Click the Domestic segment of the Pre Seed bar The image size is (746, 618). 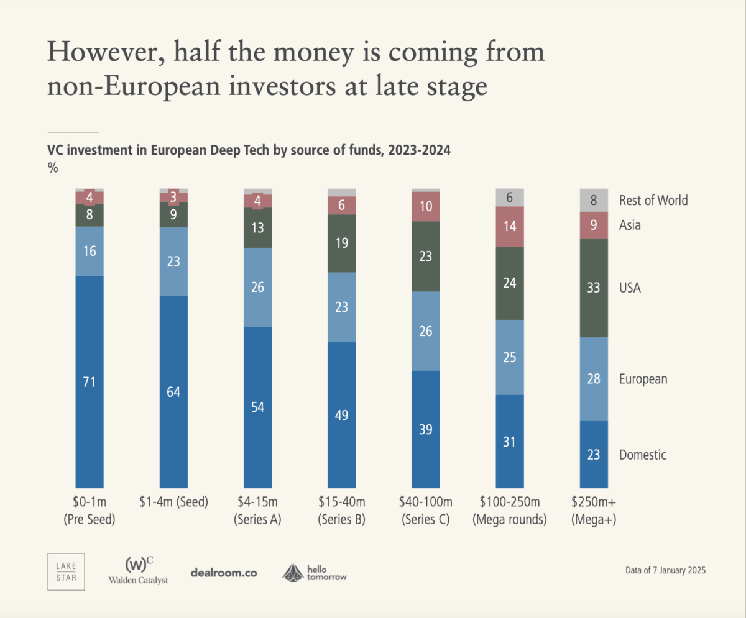click(90, 381)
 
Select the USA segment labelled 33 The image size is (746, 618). click(594, 288)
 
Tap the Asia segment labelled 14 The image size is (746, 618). click(510, 226)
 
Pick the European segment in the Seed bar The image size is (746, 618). click(173, 261)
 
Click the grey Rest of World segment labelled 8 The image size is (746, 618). click(594, 200)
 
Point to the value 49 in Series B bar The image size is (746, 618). click(341, 414)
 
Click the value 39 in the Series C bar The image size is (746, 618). click(426, 429)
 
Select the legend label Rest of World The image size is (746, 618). click(653, 200)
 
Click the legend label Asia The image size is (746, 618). click(630, 225)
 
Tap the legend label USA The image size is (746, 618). click(630, 288)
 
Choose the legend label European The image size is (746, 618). click(643, 379)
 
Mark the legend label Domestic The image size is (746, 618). click(642, 455)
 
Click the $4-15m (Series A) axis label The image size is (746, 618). click(258, 511)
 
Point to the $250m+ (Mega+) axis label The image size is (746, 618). click(594, 511)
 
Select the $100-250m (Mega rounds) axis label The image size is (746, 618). click(510, 511)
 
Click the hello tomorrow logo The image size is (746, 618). click(315, 572)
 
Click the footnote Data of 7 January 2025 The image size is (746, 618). click(665, 570)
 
